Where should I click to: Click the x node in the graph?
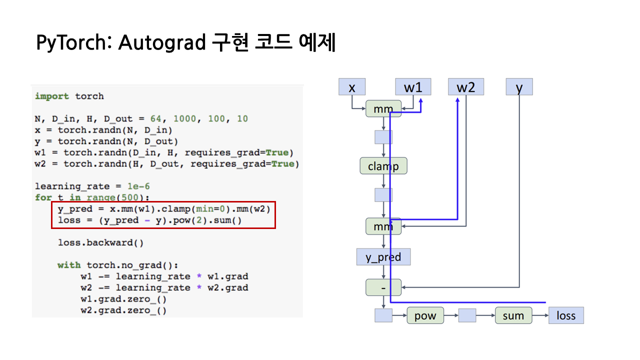pos(352,87)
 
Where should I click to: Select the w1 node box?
pos(412,87)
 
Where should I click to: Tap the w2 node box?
pos(465,87)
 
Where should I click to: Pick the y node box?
pos(519,87)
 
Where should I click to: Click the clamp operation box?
pos(383,166)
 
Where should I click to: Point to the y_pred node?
pos(383,257)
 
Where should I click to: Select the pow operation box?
pos(425,315)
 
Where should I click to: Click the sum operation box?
pos(513,315)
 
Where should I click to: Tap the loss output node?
pos(565,315)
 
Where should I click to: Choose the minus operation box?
pos(383,287)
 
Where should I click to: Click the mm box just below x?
pos(383,108)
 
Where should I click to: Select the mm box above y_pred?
pos(383,227)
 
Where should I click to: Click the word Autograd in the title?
pos(161,43)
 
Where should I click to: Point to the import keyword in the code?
pos(52,96)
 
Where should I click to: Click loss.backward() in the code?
pos(100,243)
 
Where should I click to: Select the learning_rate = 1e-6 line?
pos(92,186)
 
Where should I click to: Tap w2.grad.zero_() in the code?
pos(123,310)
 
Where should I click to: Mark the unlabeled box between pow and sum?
pos(467,315)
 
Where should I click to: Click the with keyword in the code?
pos(69,265)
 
